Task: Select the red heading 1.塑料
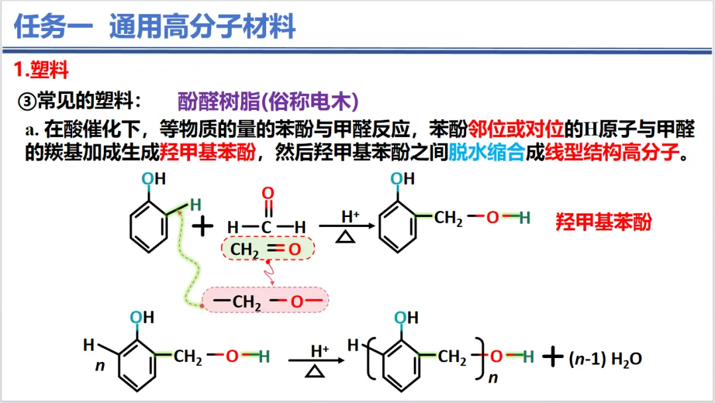(x=42, y=69)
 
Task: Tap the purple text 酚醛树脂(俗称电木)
(x=268, y=101)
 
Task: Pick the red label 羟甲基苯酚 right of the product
(x=603, y=222)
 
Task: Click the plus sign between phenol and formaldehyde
(x=203, y=227)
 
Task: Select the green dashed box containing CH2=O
(x=267, y=249)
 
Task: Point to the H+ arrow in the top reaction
(x=347, y=226)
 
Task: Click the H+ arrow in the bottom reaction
(x=317, y=361)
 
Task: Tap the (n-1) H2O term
(x=604, y=359)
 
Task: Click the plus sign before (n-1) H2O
(x=551, y=357)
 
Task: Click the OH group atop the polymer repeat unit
(x=405, y=318)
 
